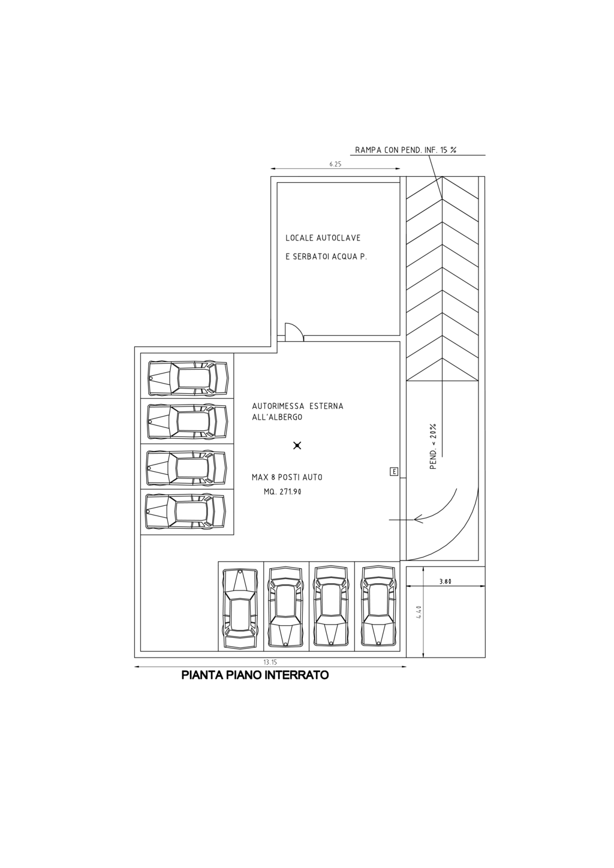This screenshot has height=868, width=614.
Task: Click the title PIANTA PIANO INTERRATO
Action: (x=255, y=676)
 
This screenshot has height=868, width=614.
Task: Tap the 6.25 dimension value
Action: (x=335, y=164)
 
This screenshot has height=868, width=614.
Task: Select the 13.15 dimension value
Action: (x=270, y=662)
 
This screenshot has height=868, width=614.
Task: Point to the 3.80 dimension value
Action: (x=446, y=581)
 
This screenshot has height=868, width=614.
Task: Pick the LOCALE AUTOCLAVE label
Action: (x=323, y=238)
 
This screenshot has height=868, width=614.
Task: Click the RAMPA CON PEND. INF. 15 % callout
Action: (x=405, y=150)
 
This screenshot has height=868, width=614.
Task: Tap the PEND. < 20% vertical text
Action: (x=434, y=447)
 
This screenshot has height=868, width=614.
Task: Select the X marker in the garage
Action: (x=297, y=445)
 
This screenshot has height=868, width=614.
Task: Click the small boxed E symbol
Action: (x=394, y=472)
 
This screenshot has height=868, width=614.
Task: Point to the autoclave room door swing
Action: (x=294, y=332)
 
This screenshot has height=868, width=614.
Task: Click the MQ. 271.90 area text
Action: (x=282, y=492)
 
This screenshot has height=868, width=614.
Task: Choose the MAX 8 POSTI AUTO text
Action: (x=287, y=478)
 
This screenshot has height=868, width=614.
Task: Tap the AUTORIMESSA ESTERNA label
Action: (x=297, y=406)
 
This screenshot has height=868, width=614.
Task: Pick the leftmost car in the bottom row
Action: (x=240, y=608)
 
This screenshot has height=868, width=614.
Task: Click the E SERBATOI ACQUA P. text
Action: (x=326, y=257)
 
